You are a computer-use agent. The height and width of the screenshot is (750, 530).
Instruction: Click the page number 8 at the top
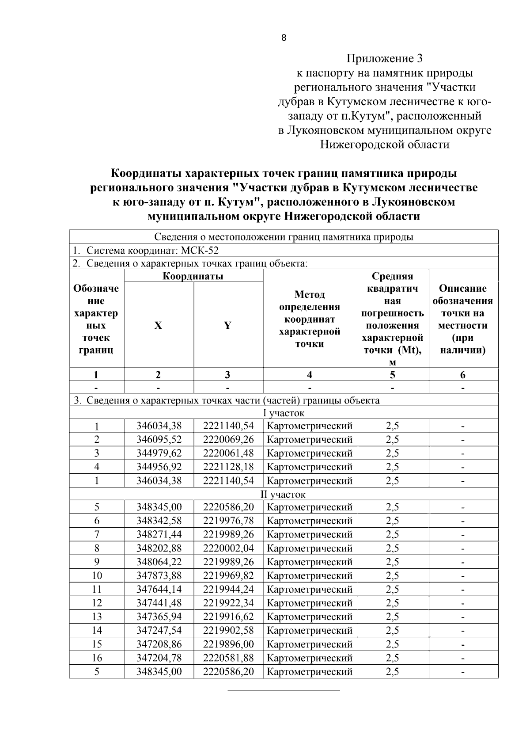pyautogui.click(x=284, y=38)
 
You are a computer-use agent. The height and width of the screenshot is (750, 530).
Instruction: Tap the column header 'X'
pyautogui.click(x=158, y=326)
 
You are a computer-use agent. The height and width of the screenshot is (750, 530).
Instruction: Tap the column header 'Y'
pyautogui.click(x=227, y=326)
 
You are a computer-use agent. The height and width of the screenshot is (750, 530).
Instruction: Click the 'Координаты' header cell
pyautogui.click(x=193, y=277)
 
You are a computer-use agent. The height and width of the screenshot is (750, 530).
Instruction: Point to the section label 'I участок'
pyautogui.click(x=284, y=414)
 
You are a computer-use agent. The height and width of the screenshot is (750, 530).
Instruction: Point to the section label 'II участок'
pyautogui.click(x=284, y=495)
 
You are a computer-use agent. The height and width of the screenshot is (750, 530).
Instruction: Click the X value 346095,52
pyautogui.click(x=159, y=440)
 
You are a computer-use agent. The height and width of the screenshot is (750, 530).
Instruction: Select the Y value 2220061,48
pyautogui.click(x=228, y=453)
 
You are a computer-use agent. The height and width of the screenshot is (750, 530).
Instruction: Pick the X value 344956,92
pyautogui.click(x=159, y=467)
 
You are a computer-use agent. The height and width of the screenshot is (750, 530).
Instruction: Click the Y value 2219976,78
pyautogui.click(x=228, y=521)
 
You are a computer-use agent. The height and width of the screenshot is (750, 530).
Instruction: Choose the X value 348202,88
pyautogui.click(x=159, y=548)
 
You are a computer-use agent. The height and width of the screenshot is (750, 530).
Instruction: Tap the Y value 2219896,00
pyautogui.click(x=228, y=644)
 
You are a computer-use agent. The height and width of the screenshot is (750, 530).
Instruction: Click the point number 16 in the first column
pyautogui.click(x=97, y=658)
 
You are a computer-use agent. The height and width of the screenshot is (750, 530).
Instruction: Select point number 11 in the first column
pyautogui.click(x=97, y=590)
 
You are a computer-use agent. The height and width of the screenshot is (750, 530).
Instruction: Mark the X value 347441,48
pyautogui.click(x=159, y=603)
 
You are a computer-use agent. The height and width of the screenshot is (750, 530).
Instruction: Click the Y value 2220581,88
pyautogui.click(x=228, y=658)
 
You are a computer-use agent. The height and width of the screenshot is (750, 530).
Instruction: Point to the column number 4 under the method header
pyautogui.click(x=310, y=375)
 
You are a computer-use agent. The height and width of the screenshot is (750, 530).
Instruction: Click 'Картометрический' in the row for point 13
pyautogui.click(x=310, y=617)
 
